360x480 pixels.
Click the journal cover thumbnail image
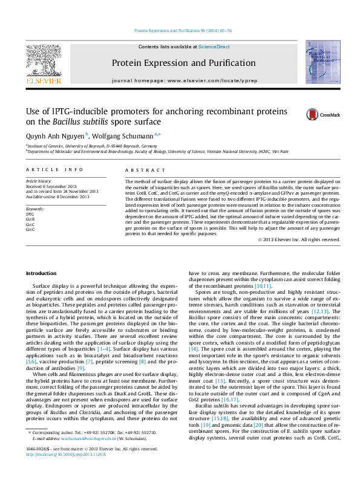[322, 62]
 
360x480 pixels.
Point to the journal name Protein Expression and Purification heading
[183, 63]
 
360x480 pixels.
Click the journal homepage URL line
[183, 80]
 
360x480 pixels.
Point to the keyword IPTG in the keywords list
[30, 214]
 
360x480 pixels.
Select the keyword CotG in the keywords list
[30, 229]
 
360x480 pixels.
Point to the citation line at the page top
[183, 30]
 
